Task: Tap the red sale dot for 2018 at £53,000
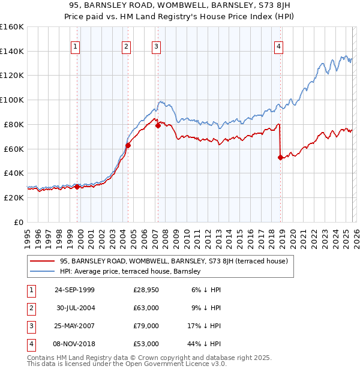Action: [x=280, y=158]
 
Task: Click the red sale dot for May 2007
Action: [x=158, y=126]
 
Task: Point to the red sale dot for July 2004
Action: [x=128, y=145]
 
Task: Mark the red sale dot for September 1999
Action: [x=77, y=187]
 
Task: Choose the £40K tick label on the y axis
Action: [x=13, y=173]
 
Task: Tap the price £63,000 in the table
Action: [x=146, y=308]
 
